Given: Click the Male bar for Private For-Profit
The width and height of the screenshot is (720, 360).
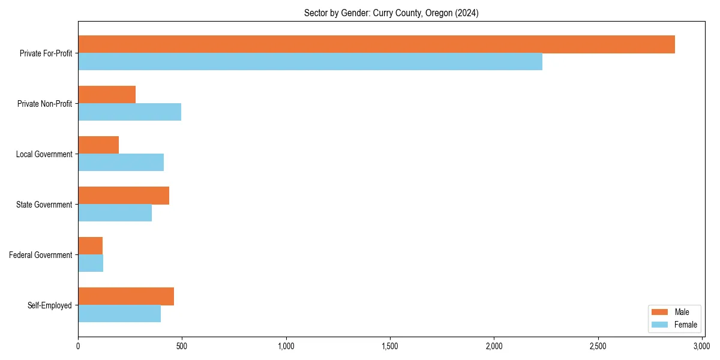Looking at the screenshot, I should click(376, 44).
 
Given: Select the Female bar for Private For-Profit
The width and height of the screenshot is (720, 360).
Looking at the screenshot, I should click(310, 62).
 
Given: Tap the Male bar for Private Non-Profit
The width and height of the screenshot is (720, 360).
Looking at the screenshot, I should click(107, 95).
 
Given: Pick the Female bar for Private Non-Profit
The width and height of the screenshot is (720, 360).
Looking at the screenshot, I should click(130, 112).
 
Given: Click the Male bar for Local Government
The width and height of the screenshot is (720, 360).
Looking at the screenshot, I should click(98, 145).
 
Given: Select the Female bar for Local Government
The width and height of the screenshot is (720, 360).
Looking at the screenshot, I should click(121, 163).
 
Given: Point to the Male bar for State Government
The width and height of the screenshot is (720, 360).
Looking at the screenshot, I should click(124, 196).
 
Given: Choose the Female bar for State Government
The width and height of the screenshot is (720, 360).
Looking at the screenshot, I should click(115, 213).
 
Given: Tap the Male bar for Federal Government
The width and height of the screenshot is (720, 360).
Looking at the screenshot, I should click(90, 246).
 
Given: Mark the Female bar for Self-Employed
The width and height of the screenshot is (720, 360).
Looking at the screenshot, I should click(119, 314).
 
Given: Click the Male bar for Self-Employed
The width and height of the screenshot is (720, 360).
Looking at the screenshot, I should click(126, 296).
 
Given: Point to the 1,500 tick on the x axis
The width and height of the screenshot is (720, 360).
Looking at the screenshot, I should click(390, 346).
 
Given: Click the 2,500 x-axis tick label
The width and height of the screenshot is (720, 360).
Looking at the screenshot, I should click(598, 346).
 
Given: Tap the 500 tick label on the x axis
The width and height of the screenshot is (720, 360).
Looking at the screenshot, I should click(182, 346).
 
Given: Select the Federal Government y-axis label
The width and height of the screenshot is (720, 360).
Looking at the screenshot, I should click(41, 255).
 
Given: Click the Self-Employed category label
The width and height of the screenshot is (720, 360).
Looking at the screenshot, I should click(50, 305).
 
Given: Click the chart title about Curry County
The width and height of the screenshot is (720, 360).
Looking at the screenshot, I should click(391, 13).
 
